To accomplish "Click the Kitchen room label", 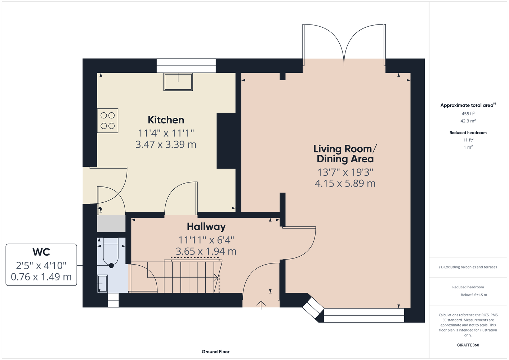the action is coord(166,120).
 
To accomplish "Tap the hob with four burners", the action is coord(108,121).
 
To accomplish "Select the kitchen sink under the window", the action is coord(178,82).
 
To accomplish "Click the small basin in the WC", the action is coord(102,283).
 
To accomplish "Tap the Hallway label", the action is coord(206,227).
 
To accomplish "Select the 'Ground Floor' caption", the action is coord(216,352).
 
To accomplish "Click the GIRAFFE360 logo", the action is coord(468,345).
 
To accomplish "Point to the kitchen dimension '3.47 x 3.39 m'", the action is coord(166,144).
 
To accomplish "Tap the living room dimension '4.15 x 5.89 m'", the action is coord(345,183).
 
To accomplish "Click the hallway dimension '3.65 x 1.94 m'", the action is coord(206,251).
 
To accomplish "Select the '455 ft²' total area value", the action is coord(468,113).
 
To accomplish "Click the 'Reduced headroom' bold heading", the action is coord(468,132).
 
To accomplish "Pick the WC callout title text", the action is coord(41,252).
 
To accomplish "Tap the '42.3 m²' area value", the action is coord(468,121).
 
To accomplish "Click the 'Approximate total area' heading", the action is coord(468,105).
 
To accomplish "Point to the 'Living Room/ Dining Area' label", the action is coord(345,154).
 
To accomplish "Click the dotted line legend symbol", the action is coord(454,295).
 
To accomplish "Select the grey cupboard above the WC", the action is coord(111,224).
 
